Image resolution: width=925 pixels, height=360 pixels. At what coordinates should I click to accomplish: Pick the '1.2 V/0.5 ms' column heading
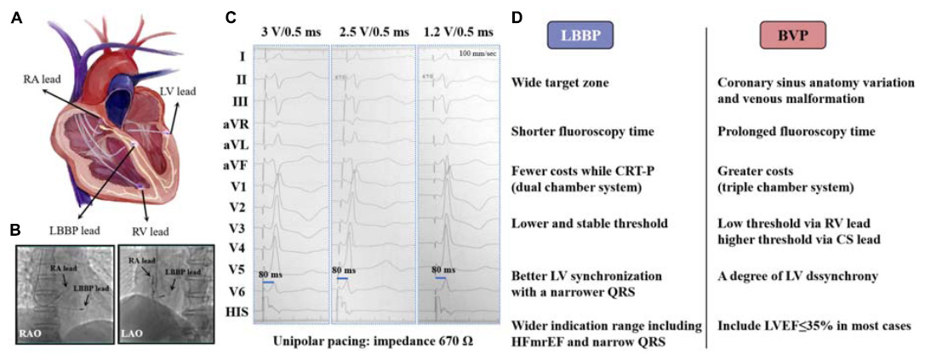point(457,32)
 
